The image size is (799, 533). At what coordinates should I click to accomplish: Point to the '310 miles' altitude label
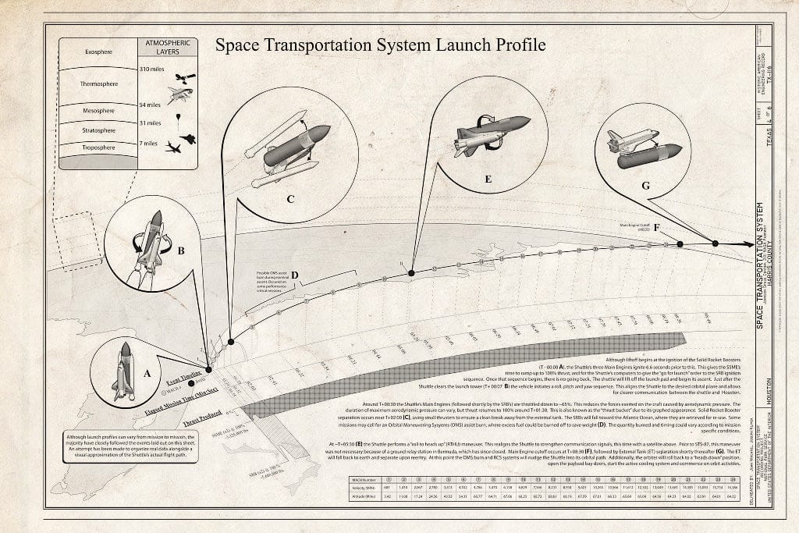[151, 70]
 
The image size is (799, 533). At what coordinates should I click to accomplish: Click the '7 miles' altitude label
[149, 144]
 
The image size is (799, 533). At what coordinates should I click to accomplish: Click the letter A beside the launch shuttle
[147, 374]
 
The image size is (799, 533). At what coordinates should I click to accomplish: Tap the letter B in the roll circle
[181, 252]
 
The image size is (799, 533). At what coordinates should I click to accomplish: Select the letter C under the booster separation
[289, 199]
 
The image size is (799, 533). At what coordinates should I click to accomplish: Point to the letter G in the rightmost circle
[645, 186]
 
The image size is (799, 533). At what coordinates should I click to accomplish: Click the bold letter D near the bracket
[296, 275]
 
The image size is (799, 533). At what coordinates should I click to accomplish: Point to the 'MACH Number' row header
[365, 479]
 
